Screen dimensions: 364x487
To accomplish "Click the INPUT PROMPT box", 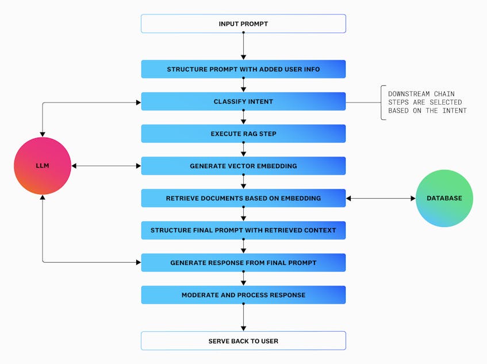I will click(x=243, y=24).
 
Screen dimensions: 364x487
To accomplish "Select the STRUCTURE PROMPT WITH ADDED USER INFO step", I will click(x=243, y=69).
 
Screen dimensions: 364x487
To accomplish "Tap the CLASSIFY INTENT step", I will click(x=243, y=101).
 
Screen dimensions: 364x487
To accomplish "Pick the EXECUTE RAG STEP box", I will click(x=243, y=134).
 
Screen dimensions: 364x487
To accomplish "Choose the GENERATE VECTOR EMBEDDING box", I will click(x=243, y=166).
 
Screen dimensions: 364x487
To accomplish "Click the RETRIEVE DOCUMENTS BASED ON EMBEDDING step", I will click(x=243, y=198).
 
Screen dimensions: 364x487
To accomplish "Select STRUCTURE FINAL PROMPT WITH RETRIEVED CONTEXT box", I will click(x=243, y=230).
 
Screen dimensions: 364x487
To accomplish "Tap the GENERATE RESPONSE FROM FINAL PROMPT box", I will click(x=243, y=263).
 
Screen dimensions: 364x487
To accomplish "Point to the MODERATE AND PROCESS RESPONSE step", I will click(x=243, y=295).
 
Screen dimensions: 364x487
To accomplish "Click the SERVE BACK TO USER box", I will click(x=243, y=341).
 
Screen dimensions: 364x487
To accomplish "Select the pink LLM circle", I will click(x=43, y=166).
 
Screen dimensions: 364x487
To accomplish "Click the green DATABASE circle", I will click(x=444, y=198).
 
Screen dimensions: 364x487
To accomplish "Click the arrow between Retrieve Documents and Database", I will click(x=381, y=198).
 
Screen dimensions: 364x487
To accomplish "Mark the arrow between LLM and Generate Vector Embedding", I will click(x=106, y=166).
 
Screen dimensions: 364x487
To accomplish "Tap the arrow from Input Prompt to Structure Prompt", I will click(x=243, y=46).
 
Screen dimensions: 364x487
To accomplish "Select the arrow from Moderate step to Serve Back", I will click(x=243, y=317).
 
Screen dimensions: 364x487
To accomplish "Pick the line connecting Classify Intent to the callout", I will click(x=362, y=103).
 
